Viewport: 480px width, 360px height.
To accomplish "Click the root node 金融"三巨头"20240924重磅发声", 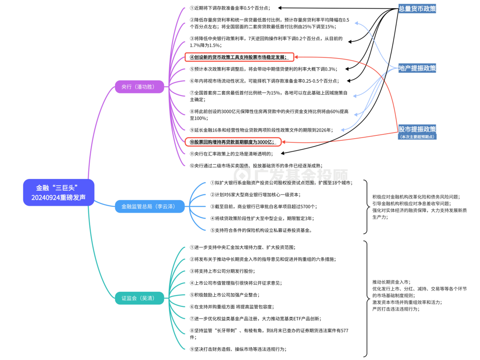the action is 59,192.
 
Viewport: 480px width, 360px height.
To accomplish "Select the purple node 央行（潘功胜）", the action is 139,86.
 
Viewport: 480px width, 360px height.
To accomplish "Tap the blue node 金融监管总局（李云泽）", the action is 150,206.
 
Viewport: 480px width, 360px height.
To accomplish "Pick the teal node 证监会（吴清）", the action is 139,298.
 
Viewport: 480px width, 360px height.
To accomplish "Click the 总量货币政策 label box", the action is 417,9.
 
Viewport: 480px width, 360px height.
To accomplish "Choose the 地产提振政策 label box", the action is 417,68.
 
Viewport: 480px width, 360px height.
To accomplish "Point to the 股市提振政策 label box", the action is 417,129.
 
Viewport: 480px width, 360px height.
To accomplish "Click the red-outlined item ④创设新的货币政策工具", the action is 239,57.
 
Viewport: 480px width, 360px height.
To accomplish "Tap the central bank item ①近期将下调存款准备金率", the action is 230,8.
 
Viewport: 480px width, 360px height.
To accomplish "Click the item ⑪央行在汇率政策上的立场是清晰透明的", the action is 231,154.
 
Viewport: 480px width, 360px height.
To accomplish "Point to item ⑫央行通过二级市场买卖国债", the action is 256,166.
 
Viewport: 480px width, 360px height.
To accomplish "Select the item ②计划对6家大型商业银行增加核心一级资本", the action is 255,195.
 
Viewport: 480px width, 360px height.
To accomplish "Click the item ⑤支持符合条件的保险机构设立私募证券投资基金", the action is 261,230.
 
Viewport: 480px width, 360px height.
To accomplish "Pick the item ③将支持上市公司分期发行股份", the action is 222,271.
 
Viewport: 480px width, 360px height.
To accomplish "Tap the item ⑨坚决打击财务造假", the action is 238,349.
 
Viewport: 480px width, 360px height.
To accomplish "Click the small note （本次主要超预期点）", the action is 417,137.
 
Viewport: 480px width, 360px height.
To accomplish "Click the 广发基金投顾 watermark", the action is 291,175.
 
